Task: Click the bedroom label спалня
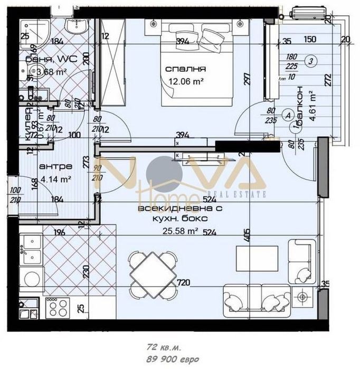tap(185, 69)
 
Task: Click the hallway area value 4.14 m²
tap(55, 178)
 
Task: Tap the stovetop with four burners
tap(57, 307)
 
